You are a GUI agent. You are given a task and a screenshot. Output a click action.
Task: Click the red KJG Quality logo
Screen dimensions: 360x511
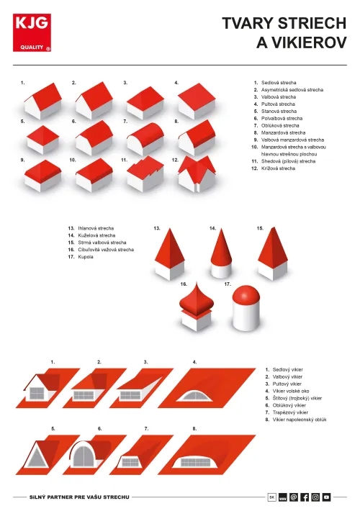tap(32, 32)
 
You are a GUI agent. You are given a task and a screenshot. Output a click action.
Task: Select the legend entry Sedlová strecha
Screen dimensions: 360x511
tap(279, 83)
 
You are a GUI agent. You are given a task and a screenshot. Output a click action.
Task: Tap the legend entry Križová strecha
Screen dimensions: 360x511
tap(278, 168)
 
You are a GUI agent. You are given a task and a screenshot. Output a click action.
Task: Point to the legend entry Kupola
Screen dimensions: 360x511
tap(86, 257)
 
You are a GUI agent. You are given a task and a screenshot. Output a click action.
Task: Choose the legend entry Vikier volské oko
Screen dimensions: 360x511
tap(291, 391)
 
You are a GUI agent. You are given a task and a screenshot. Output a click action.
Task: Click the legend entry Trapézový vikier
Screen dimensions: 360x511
tap(290, 412)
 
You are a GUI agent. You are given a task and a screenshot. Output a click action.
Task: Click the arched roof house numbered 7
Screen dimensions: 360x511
tap(145, 138)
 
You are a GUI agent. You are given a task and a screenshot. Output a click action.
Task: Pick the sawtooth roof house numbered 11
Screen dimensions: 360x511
tap(145, 174)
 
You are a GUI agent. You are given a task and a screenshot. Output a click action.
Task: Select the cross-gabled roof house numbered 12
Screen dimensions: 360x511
tap(197, 174)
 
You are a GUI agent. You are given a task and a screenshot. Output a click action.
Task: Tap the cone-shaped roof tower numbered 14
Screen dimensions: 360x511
tap(222, 253)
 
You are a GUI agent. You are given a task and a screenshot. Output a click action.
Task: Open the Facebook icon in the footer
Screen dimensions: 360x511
tap(305, 497)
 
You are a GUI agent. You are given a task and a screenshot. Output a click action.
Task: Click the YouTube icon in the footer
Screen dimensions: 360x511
tap(326, 497)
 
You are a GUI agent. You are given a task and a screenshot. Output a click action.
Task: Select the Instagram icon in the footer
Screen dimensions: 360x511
tap(315, 497)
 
